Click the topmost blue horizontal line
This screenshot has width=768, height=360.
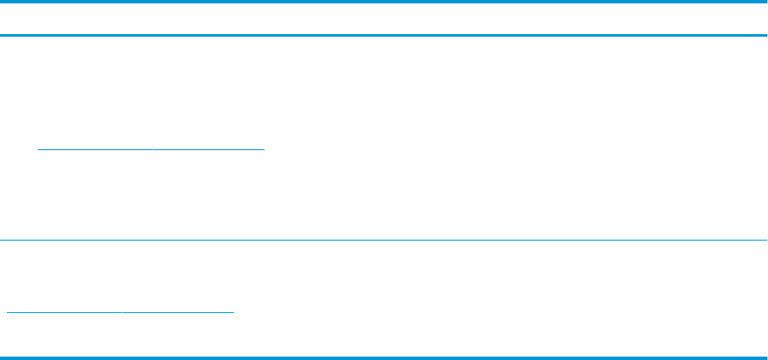tap(384, 2)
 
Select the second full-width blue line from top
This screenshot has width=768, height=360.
tap(384, 35)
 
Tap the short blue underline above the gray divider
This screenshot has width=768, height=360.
tap(152, 148)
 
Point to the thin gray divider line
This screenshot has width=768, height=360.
tap(384, 241)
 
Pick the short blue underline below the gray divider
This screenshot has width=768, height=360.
tap(119, 312)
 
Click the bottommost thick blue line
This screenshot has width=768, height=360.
tap(384, 356)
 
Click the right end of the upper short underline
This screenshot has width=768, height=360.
tap(265, 148)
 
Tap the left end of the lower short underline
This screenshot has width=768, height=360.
tap(7, 312)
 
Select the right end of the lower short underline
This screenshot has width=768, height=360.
tap(233, 312)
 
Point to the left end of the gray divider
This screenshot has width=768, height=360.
tap(2, 241)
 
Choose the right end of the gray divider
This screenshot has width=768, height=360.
tap(765, 241)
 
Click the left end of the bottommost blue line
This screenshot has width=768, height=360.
tap(2, 356)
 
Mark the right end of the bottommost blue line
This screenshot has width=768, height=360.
tap(765, 356)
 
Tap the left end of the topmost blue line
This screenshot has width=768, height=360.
tap(2, 2)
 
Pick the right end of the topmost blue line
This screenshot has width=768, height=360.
tap(765, 2)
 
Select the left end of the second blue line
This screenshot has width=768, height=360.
tap(2, 35)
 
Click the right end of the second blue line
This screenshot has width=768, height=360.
tap(765, 35)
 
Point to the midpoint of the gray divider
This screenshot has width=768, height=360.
tap(384, 241)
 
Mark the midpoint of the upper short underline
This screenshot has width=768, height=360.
tap(152, 148)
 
